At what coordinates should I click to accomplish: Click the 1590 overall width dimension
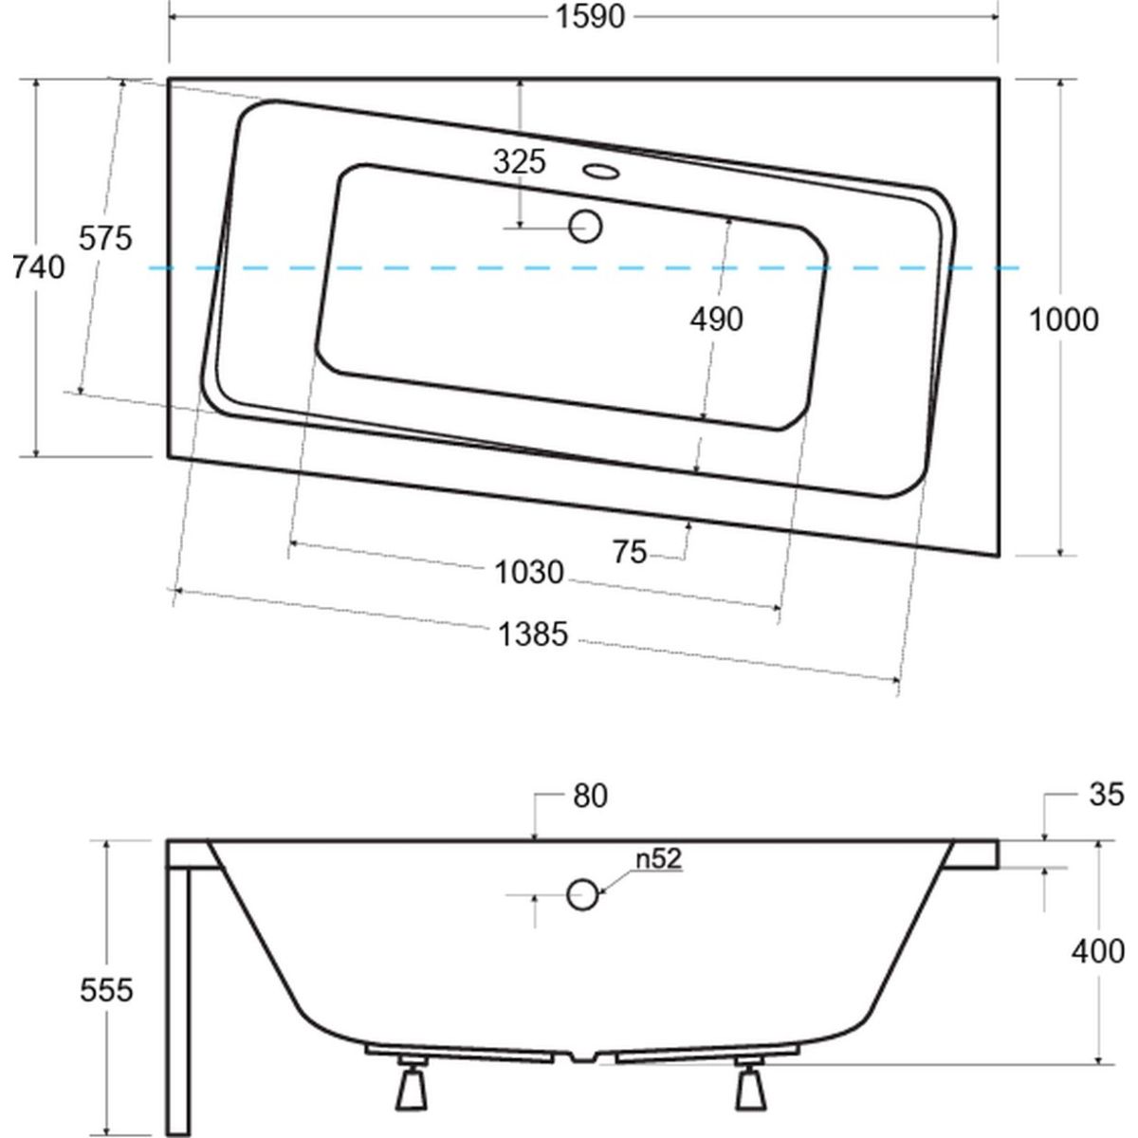(x=590, y=17)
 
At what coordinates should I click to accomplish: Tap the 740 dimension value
(x=38, y=268)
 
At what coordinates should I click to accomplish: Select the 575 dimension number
(x=105, y=239)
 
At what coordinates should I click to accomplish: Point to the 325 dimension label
(x=520, y=162)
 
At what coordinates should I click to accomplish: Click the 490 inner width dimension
(x=716, y=320)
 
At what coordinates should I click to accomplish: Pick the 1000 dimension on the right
(x=1064, y=321)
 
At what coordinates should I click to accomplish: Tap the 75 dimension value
(x=630, y=552)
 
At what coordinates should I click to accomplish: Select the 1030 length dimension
(x=529, y=573)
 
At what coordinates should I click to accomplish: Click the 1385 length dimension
(x=533, y=634)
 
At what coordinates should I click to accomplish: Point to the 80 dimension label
(x=590, y=796)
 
